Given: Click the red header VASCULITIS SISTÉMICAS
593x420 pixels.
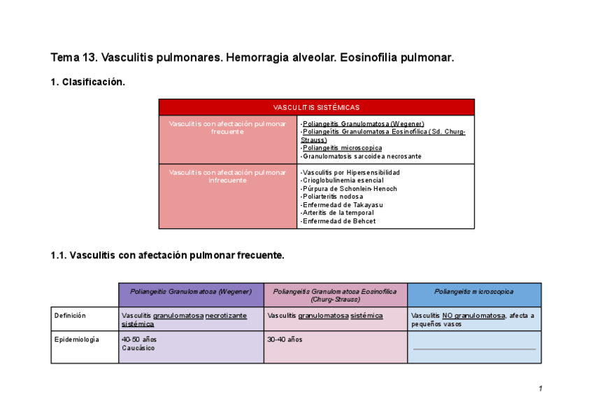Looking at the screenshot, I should pyautogui.click(x=316, y=107).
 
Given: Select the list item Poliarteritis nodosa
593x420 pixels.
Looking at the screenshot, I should pyautogui.click(x=333, y=197).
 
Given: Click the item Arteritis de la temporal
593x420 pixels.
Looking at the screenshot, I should pyautogui.click(x=338, y=213).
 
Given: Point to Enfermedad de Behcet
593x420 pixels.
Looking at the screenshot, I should pyautogui.click(x=338, y=221).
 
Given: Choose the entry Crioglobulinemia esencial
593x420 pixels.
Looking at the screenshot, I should pyautogui.click(x=342, y=181).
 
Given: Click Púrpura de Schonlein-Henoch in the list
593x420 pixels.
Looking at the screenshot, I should pyautogui.click(x=348, y=189).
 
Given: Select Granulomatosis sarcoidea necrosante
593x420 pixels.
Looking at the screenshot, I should pyautogui.click(x=361, y=156).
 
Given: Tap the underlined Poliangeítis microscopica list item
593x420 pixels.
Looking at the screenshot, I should pyautogui.click(x=342, y=148).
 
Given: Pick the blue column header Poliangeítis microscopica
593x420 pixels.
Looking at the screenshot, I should pyautogui.click(x=473, y=291).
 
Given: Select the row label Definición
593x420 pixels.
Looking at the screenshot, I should pyautogui.click(x=70, y=316).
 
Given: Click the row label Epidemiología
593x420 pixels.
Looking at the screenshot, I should pyautogui.click(x=76, y=339).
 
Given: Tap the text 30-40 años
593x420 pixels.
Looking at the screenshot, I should pyautogui.click(x=285, y=339).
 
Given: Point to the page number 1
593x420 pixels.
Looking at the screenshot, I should pyautogui.click(x=541, y=389).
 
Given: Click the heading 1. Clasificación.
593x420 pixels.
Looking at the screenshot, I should pyautogui.click(x=88, y=82).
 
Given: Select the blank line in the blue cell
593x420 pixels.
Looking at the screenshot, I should pyautogui.click(x=474, y=349).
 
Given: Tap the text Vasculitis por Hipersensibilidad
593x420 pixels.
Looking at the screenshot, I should pyautogui.click(x=350, y=172).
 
